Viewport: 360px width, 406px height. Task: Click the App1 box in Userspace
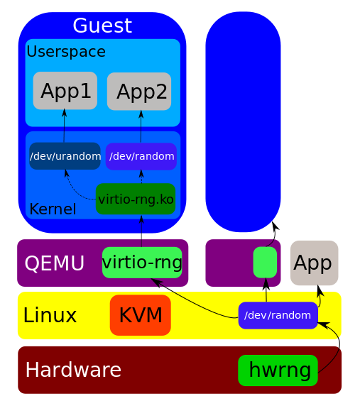[65, 91]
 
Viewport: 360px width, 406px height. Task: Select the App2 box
[139, 92]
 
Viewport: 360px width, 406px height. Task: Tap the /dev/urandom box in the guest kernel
[65, 156]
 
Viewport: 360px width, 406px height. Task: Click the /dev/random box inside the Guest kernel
[141, 156]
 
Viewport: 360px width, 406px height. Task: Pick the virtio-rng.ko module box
[136, 199]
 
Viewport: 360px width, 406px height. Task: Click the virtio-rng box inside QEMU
[142, 263]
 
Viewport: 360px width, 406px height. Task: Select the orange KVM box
[141, 315]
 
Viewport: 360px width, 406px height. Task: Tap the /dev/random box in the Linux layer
[278, 315]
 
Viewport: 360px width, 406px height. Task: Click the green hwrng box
[278, 371]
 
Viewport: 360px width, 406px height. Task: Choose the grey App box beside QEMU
[314, 263]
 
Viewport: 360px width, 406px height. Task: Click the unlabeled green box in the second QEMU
[265, 263]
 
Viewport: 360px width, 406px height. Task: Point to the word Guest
[102, 26]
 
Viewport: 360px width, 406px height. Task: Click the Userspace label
[66, 52]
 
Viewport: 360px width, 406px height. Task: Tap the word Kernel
[53, 209]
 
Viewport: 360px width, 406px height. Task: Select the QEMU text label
[55, 263]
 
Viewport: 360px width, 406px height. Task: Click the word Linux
[50, 315]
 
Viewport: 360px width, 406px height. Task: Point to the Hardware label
[73, 370]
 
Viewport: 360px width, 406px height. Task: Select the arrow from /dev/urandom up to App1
[64, 126]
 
